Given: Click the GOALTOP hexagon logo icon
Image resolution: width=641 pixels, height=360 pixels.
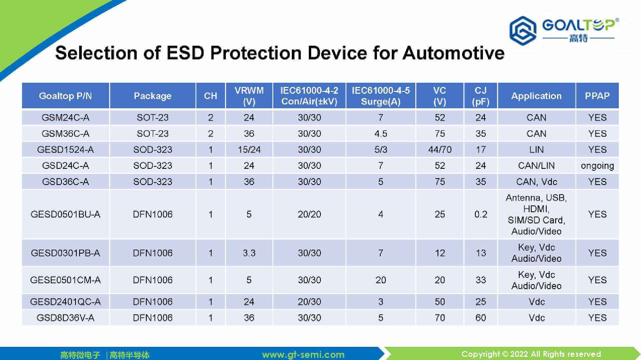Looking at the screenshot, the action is click(x=523, y=30).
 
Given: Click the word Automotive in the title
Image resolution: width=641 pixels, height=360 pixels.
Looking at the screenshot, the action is click(x=453, y=53).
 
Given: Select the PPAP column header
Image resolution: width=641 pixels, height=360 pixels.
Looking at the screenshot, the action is click(x=597, y=96).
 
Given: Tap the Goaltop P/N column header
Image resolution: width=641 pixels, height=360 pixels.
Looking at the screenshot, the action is click(x=65, y=96).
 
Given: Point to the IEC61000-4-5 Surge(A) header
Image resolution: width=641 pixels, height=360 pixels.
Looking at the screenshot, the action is click(x=381, y=96).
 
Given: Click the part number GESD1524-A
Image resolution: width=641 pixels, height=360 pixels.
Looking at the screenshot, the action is click(x=65, y=149).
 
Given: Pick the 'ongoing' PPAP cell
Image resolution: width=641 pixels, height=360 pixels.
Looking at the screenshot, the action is click(x=597, y=166).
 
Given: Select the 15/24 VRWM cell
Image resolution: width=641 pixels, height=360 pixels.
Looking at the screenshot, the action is click(x=249, y=149).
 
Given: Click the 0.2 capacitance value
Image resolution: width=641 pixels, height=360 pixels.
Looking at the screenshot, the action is click(x=481, y=214).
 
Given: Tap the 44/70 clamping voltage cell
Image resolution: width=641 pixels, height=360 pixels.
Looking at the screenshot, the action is click(x=440, y=149).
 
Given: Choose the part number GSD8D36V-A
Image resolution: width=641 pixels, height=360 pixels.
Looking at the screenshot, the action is click(x=65, y=318).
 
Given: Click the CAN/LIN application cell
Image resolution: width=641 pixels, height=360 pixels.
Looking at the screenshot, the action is click(x=536, y=165).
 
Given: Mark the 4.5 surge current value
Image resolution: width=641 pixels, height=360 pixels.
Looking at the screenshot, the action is click(x=381, y=133).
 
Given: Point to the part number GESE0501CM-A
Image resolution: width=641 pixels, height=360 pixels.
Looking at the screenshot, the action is click(x=65, y=280).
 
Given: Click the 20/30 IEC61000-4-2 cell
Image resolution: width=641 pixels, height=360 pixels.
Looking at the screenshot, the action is click(x=309, y=302).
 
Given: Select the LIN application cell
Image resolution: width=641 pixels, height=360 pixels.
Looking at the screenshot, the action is click(x=536, y=149).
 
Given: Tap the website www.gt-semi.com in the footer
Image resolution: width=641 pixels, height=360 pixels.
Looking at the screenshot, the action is click(x=303, y=354).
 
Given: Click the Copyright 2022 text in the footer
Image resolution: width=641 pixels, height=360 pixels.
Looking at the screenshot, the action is click(x=531, y=354).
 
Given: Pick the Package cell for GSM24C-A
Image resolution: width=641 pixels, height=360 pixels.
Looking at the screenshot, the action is click(x=153, y=117).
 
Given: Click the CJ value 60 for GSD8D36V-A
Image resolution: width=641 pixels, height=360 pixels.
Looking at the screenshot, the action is click(x=481, y=318).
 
